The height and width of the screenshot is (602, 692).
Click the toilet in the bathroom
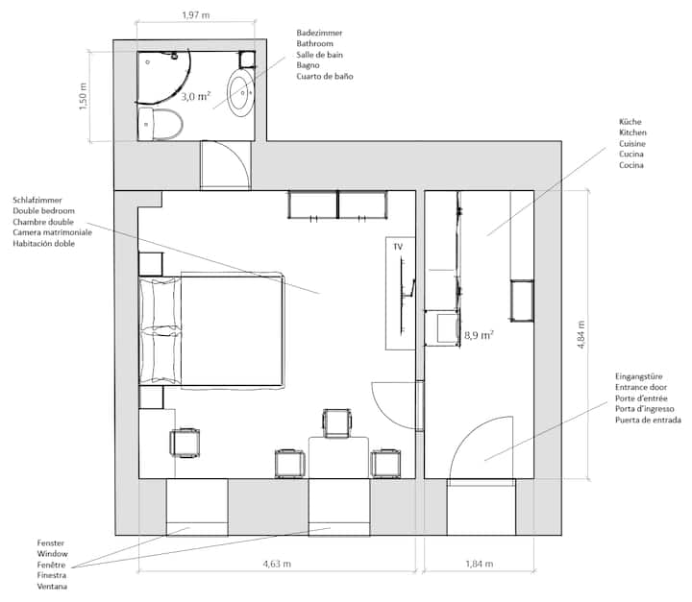pos(160,125)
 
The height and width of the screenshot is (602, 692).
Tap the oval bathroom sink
pos(241,92)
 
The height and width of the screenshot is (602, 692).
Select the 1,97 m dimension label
pos(196,15)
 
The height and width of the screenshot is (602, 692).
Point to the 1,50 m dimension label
pos(83,96)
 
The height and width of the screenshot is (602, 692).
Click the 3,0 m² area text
pos(196,96)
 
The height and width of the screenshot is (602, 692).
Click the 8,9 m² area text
pos(479,335)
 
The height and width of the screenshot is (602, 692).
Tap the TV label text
pos(398,247)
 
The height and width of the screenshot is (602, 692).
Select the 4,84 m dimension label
pos(581,335)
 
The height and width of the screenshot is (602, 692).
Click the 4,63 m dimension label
pos(277,564)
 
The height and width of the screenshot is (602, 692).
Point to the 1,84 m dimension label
pos(480,564)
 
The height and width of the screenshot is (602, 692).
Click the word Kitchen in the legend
pos(632,132)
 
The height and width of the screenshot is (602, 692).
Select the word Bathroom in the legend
pos(314,43)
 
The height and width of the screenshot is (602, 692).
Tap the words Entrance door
pos(641,387)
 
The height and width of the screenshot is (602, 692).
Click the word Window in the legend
pos(52,553)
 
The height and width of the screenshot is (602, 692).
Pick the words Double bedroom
pos(43,211)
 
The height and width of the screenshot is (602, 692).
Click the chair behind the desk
pos(337,423)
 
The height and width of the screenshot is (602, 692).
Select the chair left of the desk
pos(289,463)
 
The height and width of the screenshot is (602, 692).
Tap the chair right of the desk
pos(386,463)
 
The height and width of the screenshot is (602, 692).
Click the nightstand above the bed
pos(151,264)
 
